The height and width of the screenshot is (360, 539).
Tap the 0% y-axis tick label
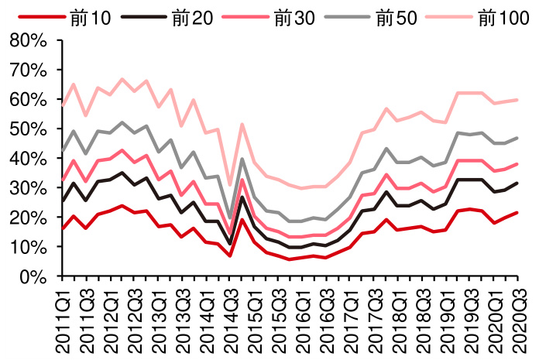[34, 276]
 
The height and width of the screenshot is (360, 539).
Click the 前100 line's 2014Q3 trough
[230, 186]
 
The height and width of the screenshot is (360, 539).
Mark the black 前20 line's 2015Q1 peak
[242, 197]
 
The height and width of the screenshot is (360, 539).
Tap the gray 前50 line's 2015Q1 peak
[242, 159]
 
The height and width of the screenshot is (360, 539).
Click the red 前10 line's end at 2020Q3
[517, 213]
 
